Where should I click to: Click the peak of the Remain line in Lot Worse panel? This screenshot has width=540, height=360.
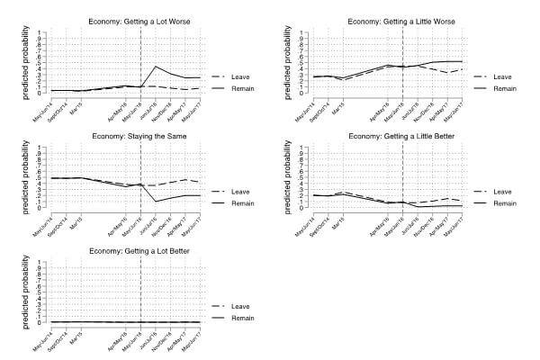coord(156,66)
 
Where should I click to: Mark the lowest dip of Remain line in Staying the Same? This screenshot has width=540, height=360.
coord(156,201)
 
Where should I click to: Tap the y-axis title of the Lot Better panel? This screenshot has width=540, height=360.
coord(13,292)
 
